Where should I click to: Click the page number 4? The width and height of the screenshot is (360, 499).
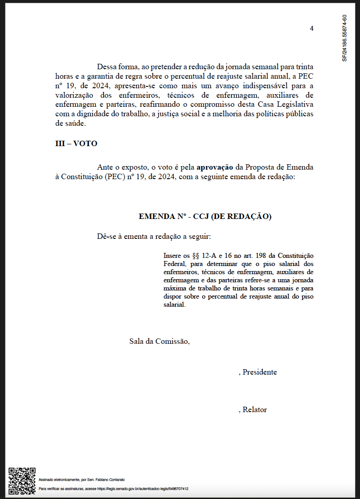click(312, 29)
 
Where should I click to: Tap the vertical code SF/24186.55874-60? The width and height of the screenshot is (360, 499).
click(345, 38)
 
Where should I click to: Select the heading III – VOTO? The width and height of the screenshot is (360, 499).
click(76, 144)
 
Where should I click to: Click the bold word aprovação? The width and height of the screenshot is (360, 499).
click(215, 167)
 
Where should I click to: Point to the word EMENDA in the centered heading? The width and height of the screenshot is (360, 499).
click(157, 217)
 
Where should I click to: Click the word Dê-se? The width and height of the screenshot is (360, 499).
click(106, 237)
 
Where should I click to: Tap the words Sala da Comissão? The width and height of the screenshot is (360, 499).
click(159, 341)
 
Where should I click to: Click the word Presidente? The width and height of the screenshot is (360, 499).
click(260, 372)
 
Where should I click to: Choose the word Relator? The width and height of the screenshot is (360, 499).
click(255, 410)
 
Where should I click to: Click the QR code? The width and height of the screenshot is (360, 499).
click(22, 481)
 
